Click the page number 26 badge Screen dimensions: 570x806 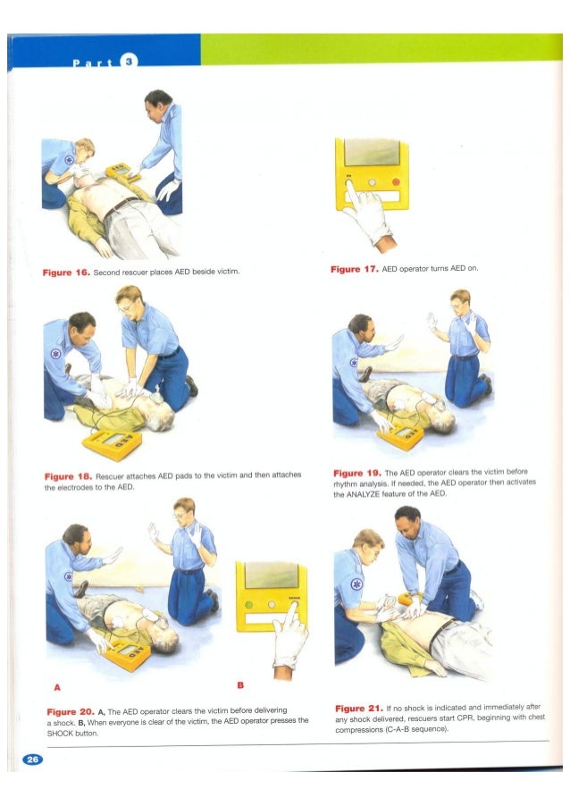[32, 760]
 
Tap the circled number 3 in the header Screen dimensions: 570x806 [129, 61]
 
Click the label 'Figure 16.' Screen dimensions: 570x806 [66, 273]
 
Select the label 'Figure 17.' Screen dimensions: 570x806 [355, 269]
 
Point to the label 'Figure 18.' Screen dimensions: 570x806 [69, 476]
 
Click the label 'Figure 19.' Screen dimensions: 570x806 [357, 473]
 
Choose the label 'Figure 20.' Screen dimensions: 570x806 [71, 712]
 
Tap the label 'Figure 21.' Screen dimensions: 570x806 [359, 709]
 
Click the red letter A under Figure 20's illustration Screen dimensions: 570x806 [57, 687]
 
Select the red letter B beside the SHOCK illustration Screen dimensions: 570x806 [240, 685]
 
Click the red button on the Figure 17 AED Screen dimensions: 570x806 [396, 182]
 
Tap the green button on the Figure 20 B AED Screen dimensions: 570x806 [248, 604]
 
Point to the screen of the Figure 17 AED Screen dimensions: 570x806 [372, 152]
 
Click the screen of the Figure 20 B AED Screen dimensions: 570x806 [271, 575]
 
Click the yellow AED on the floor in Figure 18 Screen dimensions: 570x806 [112, 444]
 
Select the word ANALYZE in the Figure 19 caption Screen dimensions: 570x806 [364, 494]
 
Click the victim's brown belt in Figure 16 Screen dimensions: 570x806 [121, 207]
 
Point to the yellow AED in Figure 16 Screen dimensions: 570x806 [122, 172]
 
